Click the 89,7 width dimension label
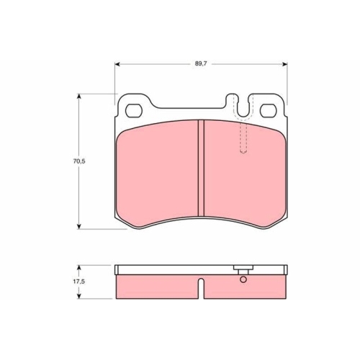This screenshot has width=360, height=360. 201,64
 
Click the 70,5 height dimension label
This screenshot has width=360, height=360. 79,161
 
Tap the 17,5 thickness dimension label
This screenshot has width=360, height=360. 79,282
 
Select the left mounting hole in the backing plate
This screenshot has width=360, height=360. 134,111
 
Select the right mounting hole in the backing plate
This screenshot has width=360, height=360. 269,111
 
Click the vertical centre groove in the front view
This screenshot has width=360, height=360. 201,168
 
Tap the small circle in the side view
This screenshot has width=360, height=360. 243,279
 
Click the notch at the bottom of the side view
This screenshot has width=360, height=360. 201,289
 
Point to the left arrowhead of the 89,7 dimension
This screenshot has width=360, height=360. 117,64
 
